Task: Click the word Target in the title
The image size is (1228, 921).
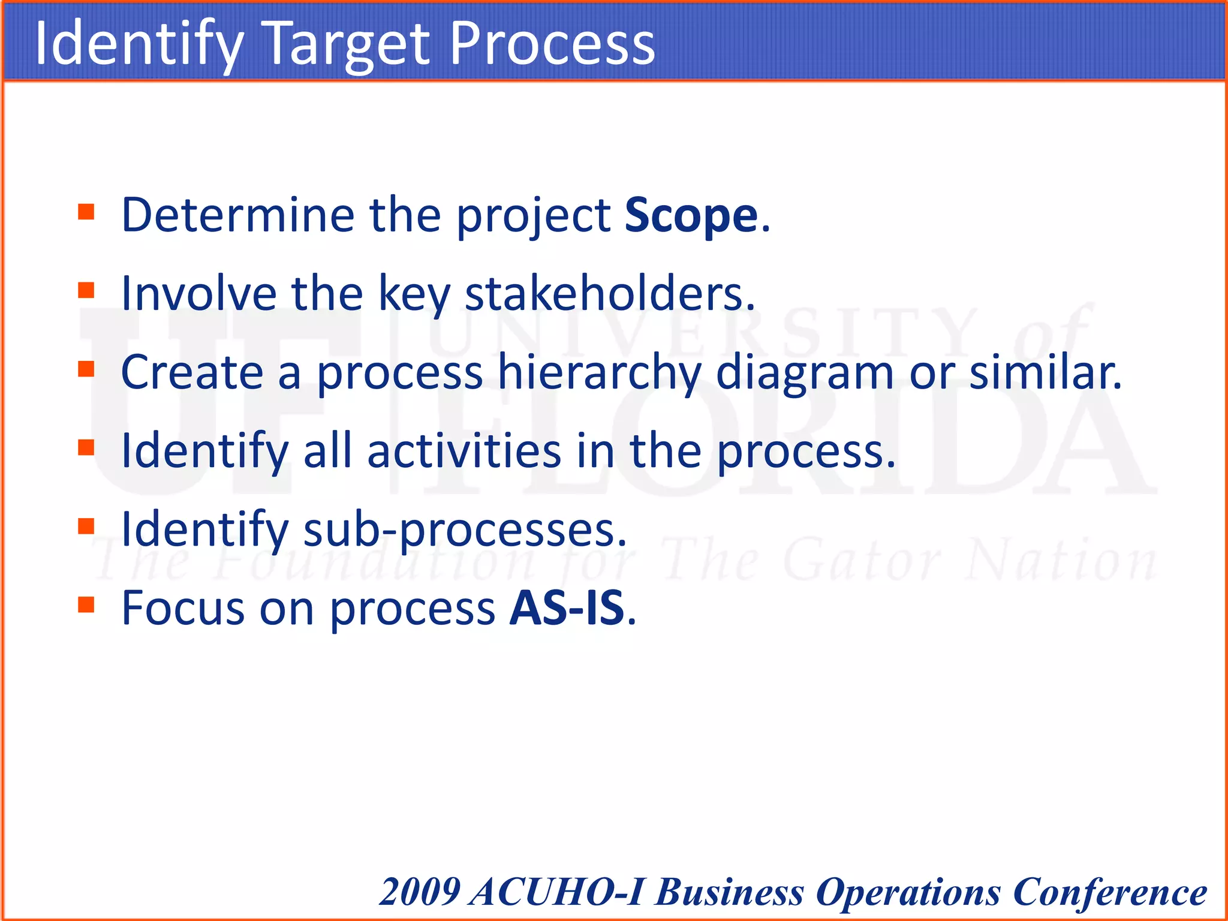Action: [x=347, y=44]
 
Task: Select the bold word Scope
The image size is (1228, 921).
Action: [x=691, y=215]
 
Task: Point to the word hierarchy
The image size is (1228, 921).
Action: [x=600, y=373]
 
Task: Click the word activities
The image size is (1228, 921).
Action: [x=464, y=451]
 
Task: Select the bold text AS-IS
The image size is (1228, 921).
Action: [x=567, y=608]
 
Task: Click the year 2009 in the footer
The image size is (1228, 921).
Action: [x=420, y=892]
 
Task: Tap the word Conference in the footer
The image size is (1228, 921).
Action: [x=1110, y=892]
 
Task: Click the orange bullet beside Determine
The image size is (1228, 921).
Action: [x=86, y=212]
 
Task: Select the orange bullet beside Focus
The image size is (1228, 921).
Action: [x=86, y=605]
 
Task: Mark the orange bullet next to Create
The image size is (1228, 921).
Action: [x=86, y=369]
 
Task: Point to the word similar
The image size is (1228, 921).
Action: [x=1044, y=373]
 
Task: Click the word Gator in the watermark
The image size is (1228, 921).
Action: [x=861, y=561]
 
